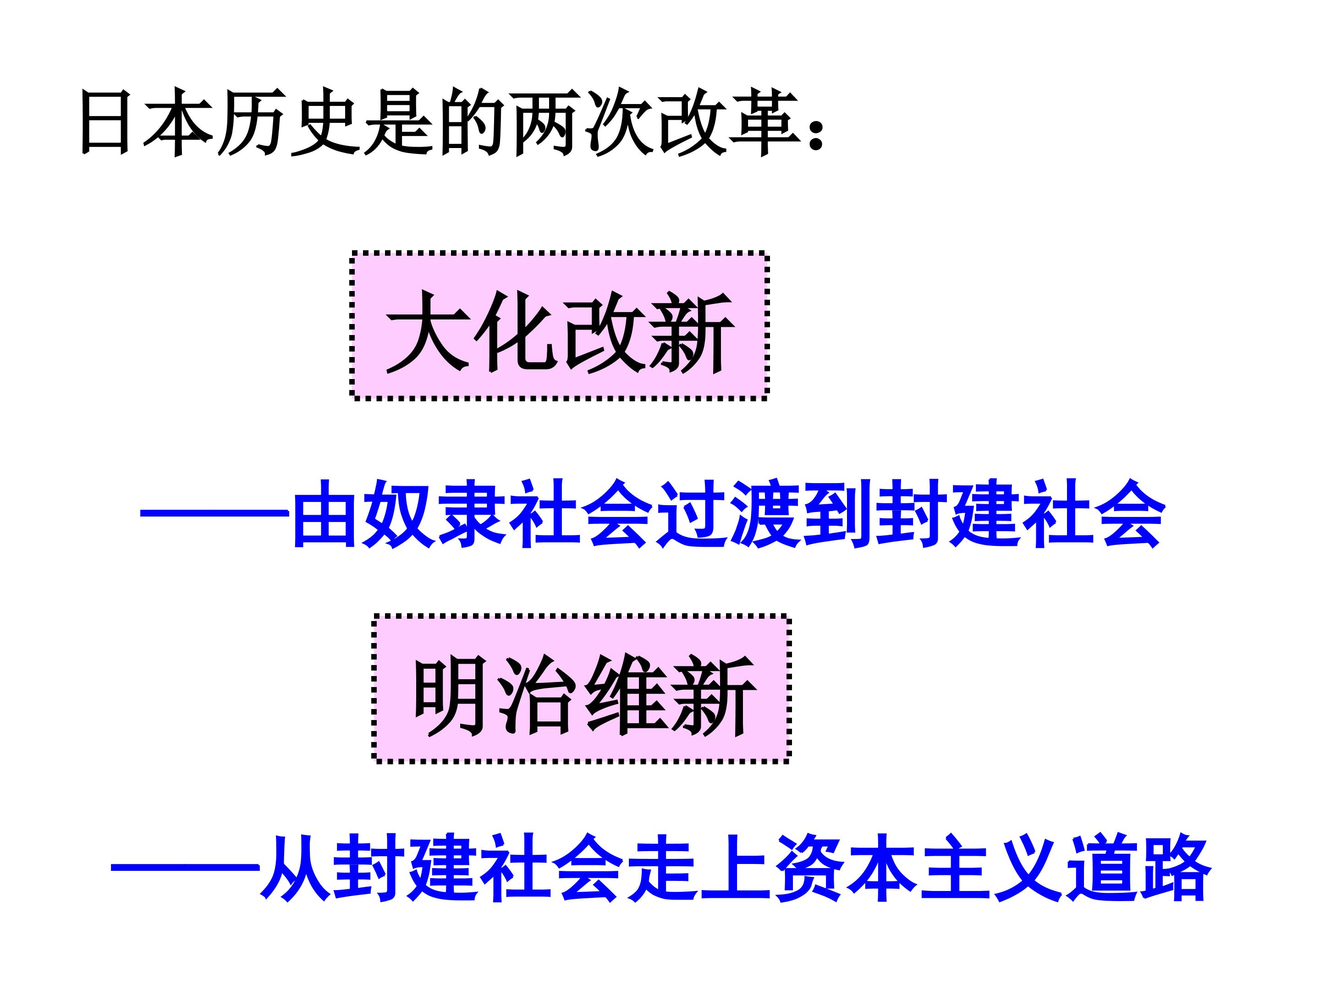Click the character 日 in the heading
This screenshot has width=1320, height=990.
105,122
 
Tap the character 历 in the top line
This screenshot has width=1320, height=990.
248,122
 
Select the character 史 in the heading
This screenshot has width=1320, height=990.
322,122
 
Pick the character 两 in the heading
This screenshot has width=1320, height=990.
545,122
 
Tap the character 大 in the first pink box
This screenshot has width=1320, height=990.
425,332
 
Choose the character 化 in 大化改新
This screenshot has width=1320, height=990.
513,332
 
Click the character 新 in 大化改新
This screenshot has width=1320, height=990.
692,332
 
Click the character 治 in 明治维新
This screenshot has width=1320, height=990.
537,695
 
